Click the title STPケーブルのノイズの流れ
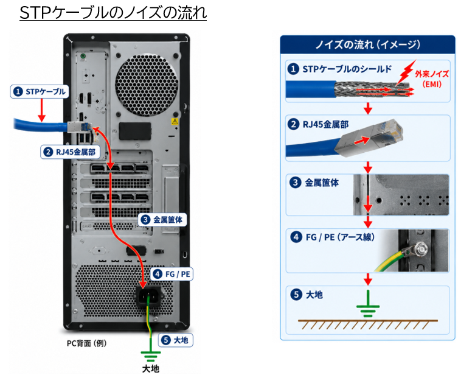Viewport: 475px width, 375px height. point(113,12)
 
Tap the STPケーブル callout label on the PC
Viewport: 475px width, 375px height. point(40,91)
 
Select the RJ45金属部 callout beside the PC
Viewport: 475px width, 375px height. point(70,152)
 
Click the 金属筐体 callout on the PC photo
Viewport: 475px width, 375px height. point(162,220)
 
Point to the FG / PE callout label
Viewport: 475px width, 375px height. point(172,274)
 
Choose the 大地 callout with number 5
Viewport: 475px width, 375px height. point(175,340)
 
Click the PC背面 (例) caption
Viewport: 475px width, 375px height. point(86,343)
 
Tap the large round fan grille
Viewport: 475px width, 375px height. point(147,85)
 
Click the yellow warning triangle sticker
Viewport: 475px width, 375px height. point(175,122)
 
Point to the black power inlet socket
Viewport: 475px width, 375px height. point(148,296)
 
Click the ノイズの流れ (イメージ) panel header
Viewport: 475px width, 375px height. point(367,44)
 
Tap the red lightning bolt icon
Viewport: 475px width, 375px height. point(406,72)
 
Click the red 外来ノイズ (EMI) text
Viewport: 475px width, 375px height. point(432,79)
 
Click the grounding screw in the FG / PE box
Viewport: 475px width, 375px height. point(420,249)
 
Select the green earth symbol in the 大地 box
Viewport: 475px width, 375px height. point(368,304)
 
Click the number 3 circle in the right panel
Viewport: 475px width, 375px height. point(296,183)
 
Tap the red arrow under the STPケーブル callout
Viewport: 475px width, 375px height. point(42,111)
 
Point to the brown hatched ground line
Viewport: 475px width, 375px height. point(368,324)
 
